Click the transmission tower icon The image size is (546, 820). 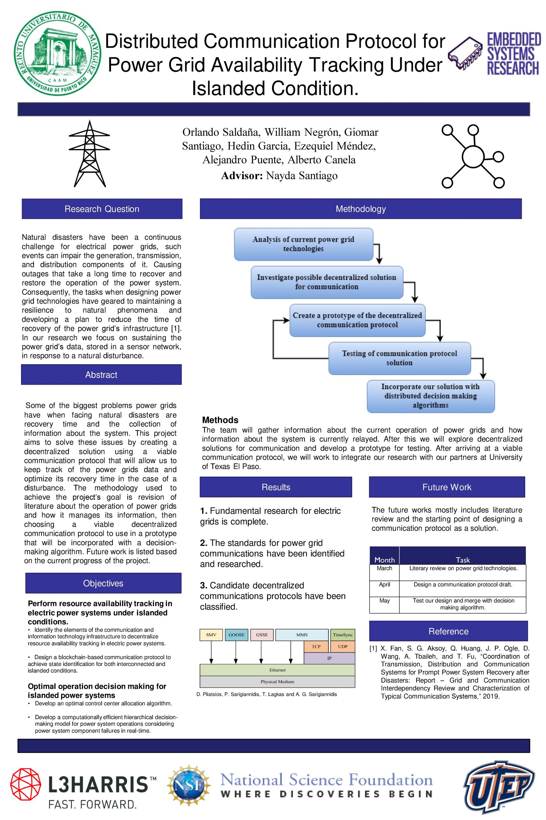90,153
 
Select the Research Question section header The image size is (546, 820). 102,209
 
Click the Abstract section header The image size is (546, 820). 101,375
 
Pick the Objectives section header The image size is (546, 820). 103,583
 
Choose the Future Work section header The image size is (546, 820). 447,487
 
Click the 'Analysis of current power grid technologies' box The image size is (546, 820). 303,244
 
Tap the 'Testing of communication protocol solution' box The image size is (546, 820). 400,358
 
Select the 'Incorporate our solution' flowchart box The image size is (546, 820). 431,396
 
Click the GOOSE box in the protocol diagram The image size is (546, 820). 236,635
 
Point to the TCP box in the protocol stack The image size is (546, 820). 316,647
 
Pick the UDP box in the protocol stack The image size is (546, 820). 343,647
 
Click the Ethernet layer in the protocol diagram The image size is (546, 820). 277,670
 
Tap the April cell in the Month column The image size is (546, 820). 384,585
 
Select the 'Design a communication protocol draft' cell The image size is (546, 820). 463,585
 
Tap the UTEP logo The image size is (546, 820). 499,788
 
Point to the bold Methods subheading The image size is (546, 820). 220,420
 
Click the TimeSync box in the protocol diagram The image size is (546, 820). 343,635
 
